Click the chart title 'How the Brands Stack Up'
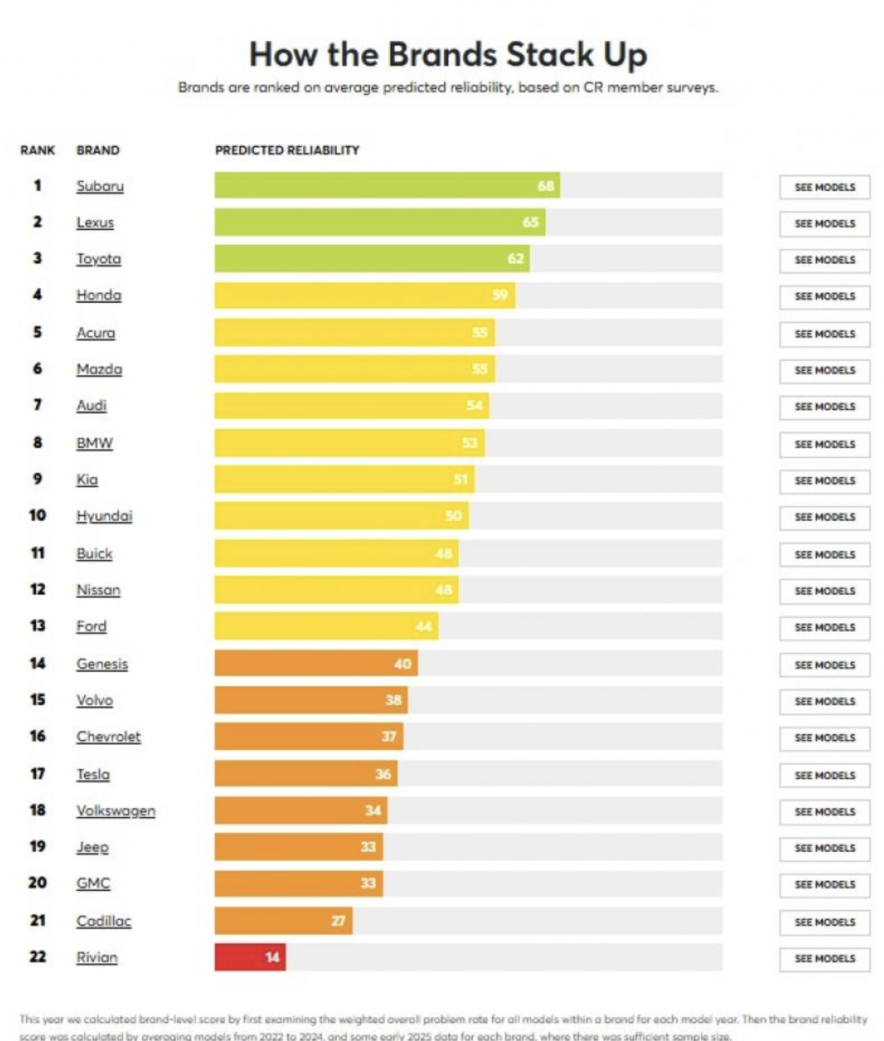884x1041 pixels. [x=448, y=55]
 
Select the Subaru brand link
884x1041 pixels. [x=100, y=186]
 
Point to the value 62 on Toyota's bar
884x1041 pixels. [x=516, y=259]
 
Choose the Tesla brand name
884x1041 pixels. [x=93, y=774]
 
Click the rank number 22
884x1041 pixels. [x=38, y=957]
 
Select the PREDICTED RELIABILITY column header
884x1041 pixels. [x=287, y=150]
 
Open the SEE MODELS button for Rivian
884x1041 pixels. [x=825, y=959]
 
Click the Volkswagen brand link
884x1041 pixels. [x=115, y=811]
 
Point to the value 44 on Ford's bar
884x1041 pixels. [x=424, y=626]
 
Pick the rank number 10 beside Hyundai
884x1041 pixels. [x=38, y=515]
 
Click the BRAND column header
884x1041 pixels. [x=98, y=150]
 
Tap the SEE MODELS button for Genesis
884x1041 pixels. [x=825, y=665]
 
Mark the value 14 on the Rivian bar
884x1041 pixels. [x=272, y=957]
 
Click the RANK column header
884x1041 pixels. [x=38, y=150]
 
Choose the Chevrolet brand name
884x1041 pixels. [x=109, y=737]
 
